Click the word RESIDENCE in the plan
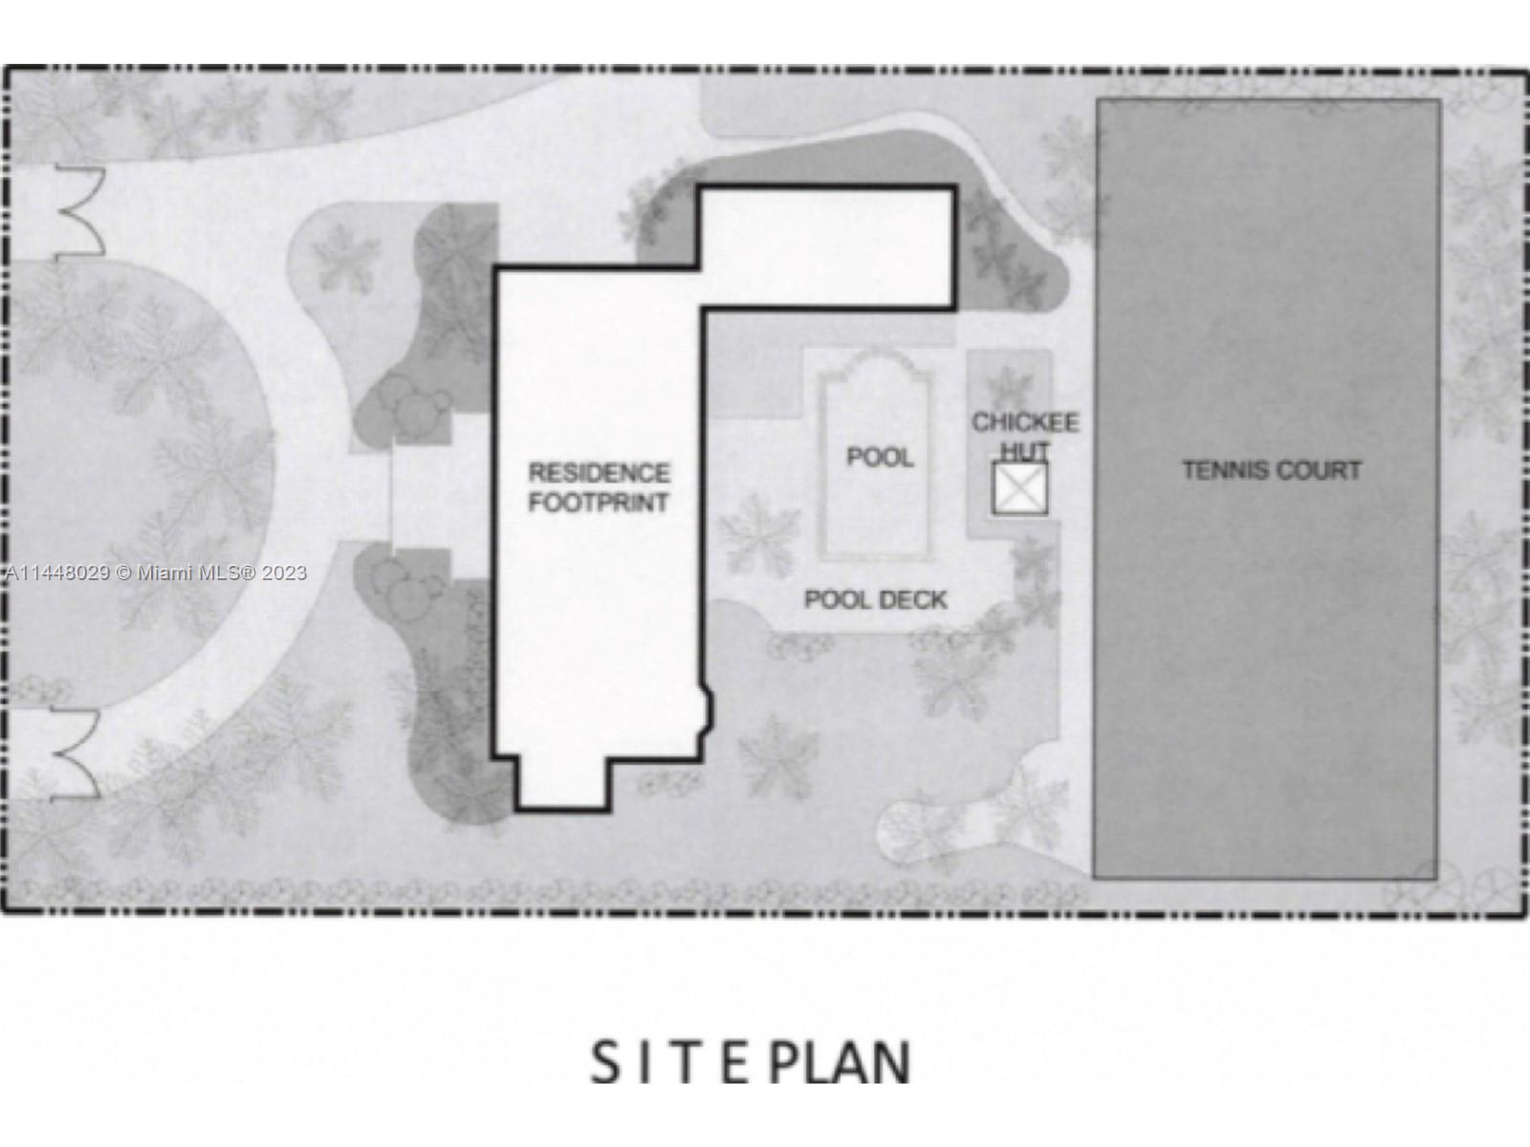[x=599, y=472]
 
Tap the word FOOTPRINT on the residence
[x=599, y=502]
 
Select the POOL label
[x=880, y=457]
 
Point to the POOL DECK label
[x=875, y=599]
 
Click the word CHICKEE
[x=1025, y=422]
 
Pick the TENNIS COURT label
[x=1271, y=470]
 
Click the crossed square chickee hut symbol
[x=1020, y=488]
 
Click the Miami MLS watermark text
[x=156, y=573]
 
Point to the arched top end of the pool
[x=875, y=369]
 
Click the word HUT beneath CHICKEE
[x=1025, y=449]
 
